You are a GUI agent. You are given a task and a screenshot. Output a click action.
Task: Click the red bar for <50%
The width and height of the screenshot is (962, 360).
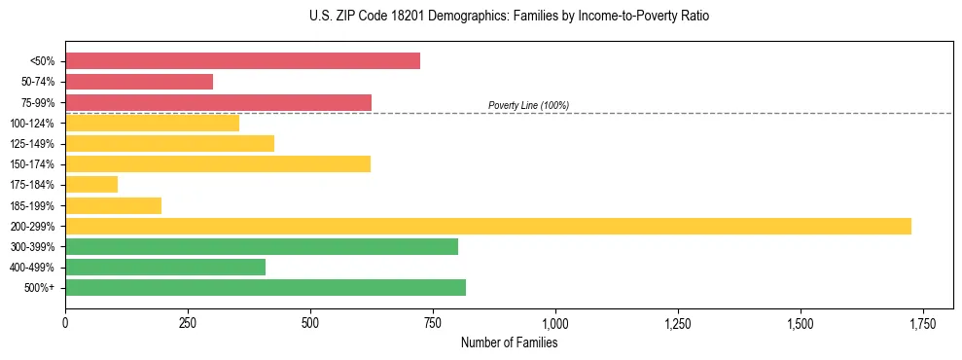242,61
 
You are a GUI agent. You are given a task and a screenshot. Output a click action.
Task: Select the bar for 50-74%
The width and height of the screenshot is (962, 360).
139,82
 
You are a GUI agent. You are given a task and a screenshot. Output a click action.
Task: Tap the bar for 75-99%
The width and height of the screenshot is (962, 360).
218,102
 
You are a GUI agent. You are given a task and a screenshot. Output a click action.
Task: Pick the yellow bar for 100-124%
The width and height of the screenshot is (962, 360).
152,123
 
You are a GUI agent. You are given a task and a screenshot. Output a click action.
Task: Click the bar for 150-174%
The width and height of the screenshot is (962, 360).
218,163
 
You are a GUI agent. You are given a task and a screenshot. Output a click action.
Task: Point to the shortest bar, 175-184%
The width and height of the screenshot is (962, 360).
91,184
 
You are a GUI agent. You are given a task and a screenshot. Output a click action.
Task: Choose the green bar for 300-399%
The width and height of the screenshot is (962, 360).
262,246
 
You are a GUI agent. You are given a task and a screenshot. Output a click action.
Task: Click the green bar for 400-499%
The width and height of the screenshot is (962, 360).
165,267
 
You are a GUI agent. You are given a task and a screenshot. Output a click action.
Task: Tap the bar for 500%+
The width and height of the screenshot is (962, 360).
266,287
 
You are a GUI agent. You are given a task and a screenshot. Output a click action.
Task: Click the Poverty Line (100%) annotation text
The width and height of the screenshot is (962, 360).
528,105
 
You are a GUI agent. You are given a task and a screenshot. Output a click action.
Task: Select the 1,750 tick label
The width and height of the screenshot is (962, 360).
922,321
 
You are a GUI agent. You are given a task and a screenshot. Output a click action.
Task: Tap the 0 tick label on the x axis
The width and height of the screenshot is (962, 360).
65,321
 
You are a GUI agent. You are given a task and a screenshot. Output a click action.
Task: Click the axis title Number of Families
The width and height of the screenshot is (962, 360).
509,342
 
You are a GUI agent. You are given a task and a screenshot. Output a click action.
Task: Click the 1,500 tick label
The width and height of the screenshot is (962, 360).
800,321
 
